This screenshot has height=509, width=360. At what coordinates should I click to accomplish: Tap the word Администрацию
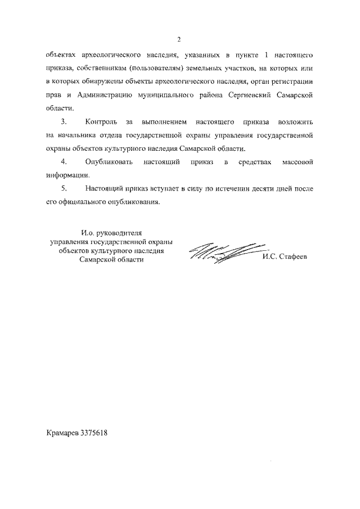click(100, 96)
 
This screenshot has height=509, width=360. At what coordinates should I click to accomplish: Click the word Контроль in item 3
click(101, 122)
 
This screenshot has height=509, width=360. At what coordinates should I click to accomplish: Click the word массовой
click(294, 162)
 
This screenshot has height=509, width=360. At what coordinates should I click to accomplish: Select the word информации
click(66, 175)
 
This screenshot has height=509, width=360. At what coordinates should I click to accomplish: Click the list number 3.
click(63, 122)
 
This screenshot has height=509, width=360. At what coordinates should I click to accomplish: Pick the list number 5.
click(63, 189)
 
